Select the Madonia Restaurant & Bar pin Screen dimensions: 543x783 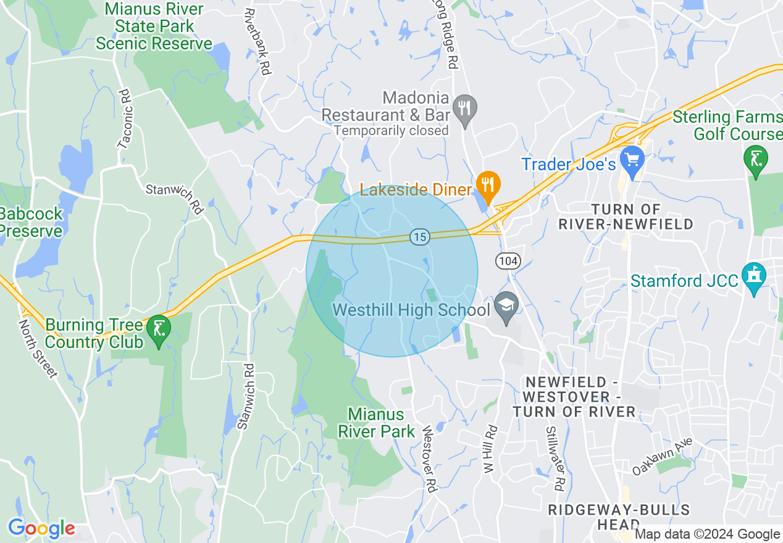coord(464,110)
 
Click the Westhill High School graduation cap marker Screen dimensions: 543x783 coord(506,307)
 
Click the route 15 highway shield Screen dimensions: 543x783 coord(419,236)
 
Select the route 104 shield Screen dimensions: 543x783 coord(508,261)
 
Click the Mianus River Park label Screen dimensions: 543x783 coord(376,423)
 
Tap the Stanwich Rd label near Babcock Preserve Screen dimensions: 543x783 coord(175,197)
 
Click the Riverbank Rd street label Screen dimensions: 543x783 coord(258,41)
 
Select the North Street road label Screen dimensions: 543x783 coord(38,348)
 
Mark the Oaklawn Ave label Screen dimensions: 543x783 coord(663,457)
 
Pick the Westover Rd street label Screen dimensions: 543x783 coord(430,458)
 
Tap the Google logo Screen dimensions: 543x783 coord(41,529)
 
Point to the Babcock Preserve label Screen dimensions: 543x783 coord(30,223)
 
